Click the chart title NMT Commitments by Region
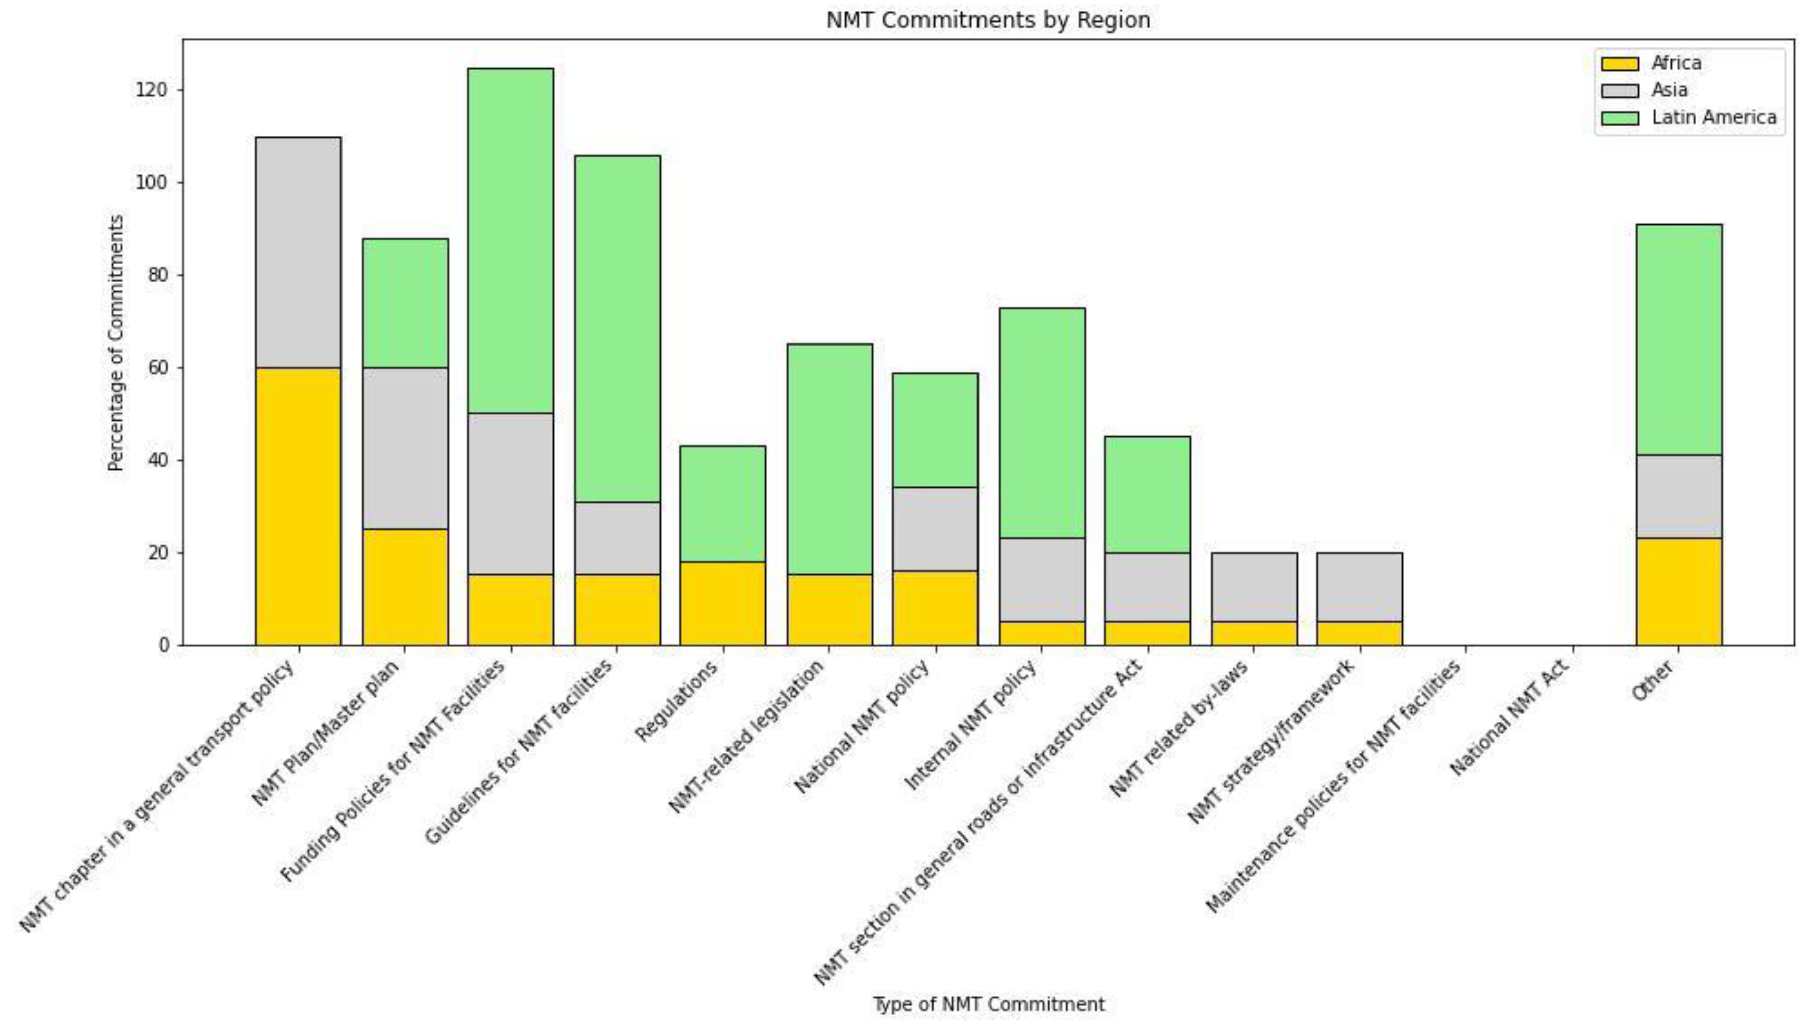pyautogui.click(x=988, y=20)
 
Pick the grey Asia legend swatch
pyautogui.click(x=1620, y=91)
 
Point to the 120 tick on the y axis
pyautogui.click(x=150, y=90)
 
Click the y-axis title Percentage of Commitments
pyautogui.click(x=116, y=342)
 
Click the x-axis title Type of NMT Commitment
pyautogui.click(x=988, y=1004)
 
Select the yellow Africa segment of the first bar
pyautogui.click(x=298, y=506)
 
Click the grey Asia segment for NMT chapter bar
pyautogui.click(x=298, y=253)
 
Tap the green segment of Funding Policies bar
pyautogui.click(x=510, y=240)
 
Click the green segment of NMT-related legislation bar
pyautogui.click(x=829, y=459)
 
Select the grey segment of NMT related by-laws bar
pyautogui.click(x=1254, y=587)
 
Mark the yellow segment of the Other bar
pyautogui.click(x=1679, y=592)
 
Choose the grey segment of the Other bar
pyautogui.click(x=1679, y=496)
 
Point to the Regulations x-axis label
pyautogui.click(x=677, y=700)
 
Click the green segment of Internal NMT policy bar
pyautogui.click(x=1042, y=423)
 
